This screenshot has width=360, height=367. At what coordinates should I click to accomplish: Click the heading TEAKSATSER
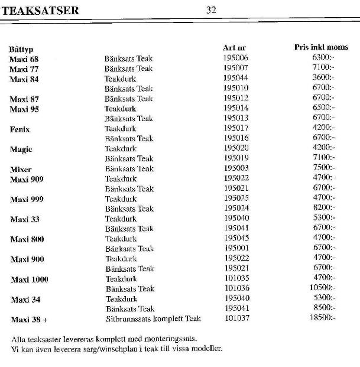(x=40, y=10)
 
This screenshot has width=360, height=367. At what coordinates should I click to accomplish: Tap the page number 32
(x=211, y=9)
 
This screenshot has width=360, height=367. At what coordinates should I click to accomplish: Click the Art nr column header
(x=234, y=47)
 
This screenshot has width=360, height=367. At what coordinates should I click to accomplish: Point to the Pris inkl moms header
(x=321, y=47)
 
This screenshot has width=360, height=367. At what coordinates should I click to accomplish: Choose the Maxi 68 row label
(x=24, y=59)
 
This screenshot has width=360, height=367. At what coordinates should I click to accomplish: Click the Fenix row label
(x=20, y=129)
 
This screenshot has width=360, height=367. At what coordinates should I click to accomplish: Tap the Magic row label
(x=21, y=150)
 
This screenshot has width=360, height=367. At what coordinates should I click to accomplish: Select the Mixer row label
(x=21, y=170)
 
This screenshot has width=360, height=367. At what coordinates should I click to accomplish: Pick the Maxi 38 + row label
(x=29, y=320)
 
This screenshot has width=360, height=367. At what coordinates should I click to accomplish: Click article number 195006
(x=236, y=58)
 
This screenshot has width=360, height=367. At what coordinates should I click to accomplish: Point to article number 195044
(x=236, y=78)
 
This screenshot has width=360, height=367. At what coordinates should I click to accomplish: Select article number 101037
(x=237, y=319)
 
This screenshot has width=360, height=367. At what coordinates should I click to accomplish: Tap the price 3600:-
(x=323, y=78)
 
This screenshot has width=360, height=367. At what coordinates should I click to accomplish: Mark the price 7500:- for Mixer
(x=323, y=168)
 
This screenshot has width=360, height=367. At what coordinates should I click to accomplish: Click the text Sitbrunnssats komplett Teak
(x=153, y=319)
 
